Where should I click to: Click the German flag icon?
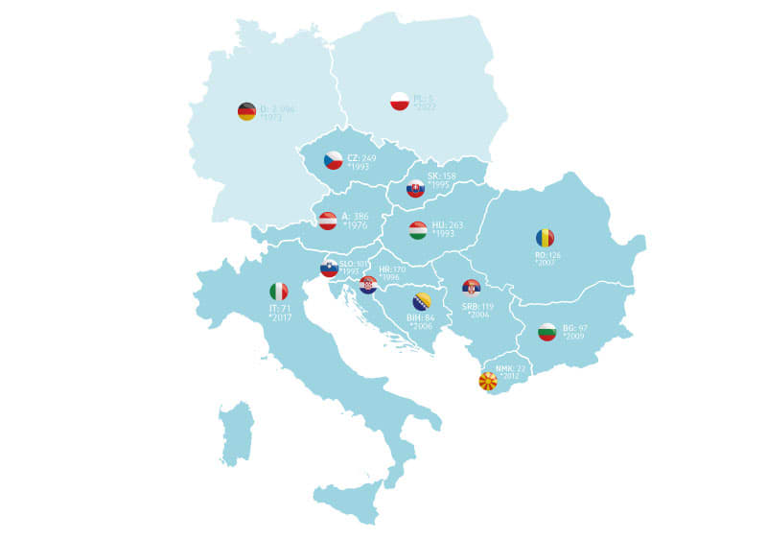(246, 111)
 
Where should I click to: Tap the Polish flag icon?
(400, 101)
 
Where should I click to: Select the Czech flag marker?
(333, 160)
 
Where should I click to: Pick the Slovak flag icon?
(415, 189)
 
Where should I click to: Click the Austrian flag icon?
(328, 221)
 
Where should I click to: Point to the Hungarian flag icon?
(418, 230)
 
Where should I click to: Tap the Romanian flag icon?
(545, 238)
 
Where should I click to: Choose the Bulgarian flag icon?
(547, 332)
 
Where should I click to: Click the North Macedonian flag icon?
(488, 381)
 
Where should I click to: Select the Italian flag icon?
(278, 292)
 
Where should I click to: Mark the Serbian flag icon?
(471, 287)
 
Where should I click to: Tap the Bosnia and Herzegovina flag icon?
(421, 301)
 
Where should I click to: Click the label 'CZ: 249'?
(361, 157)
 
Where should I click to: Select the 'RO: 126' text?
(547, 255)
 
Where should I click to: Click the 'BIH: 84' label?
(421, 317)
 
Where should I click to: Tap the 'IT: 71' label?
(279, 309)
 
